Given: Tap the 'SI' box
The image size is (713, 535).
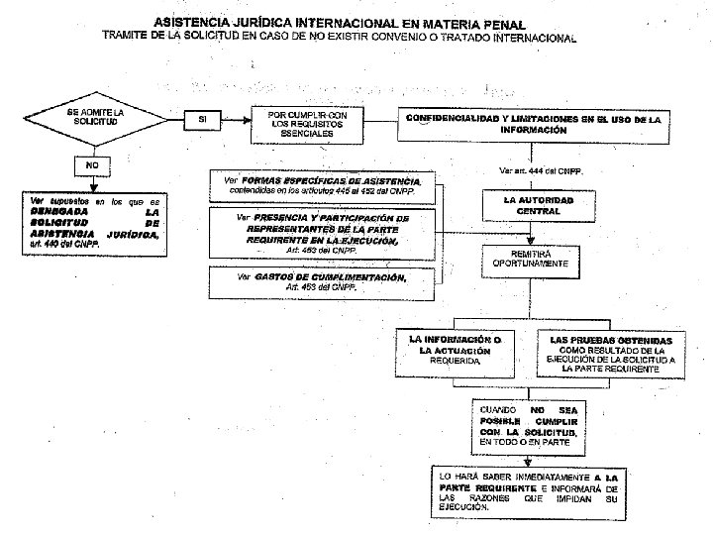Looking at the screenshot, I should [x=202, y=119].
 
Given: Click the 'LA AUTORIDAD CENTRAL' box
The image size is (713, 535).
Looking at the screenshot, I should [x=538, y=206].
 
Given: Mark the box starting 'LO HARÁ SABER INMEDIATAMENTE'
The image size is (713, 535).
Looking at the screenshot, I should [x=533, y=491].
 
